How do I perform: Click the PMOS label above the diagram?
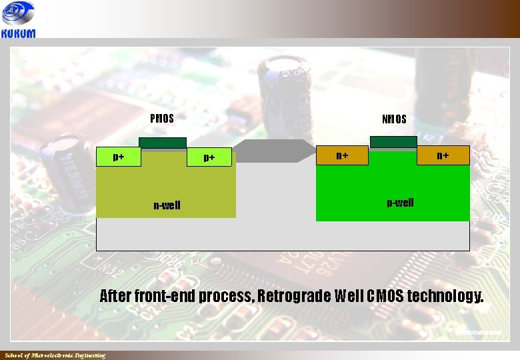tap(162, 119)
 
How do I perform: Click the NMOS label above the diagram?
tap(394, 120)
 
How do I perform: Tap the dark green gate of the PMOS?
tap(163, 142)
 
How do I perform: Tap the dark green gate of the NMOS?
tap(393, 141)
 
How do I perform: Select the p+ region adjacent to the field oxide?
tap(209, 157)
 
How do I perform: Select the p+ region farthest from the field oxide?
tap(119, 157)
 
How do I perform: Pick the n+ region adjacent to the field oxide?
tap(342, 155)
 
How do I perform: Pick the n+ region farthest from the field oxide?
tap(443, 155)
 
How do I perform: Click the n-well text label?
tap(167, 205)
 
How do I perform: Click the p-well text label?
tap(400, 203)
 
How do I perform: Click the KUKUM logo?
tap(19, 21)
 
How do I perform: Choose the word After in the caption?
tap(115, 295)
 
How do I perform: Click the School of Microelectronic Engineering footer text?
tap(55, 355)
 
